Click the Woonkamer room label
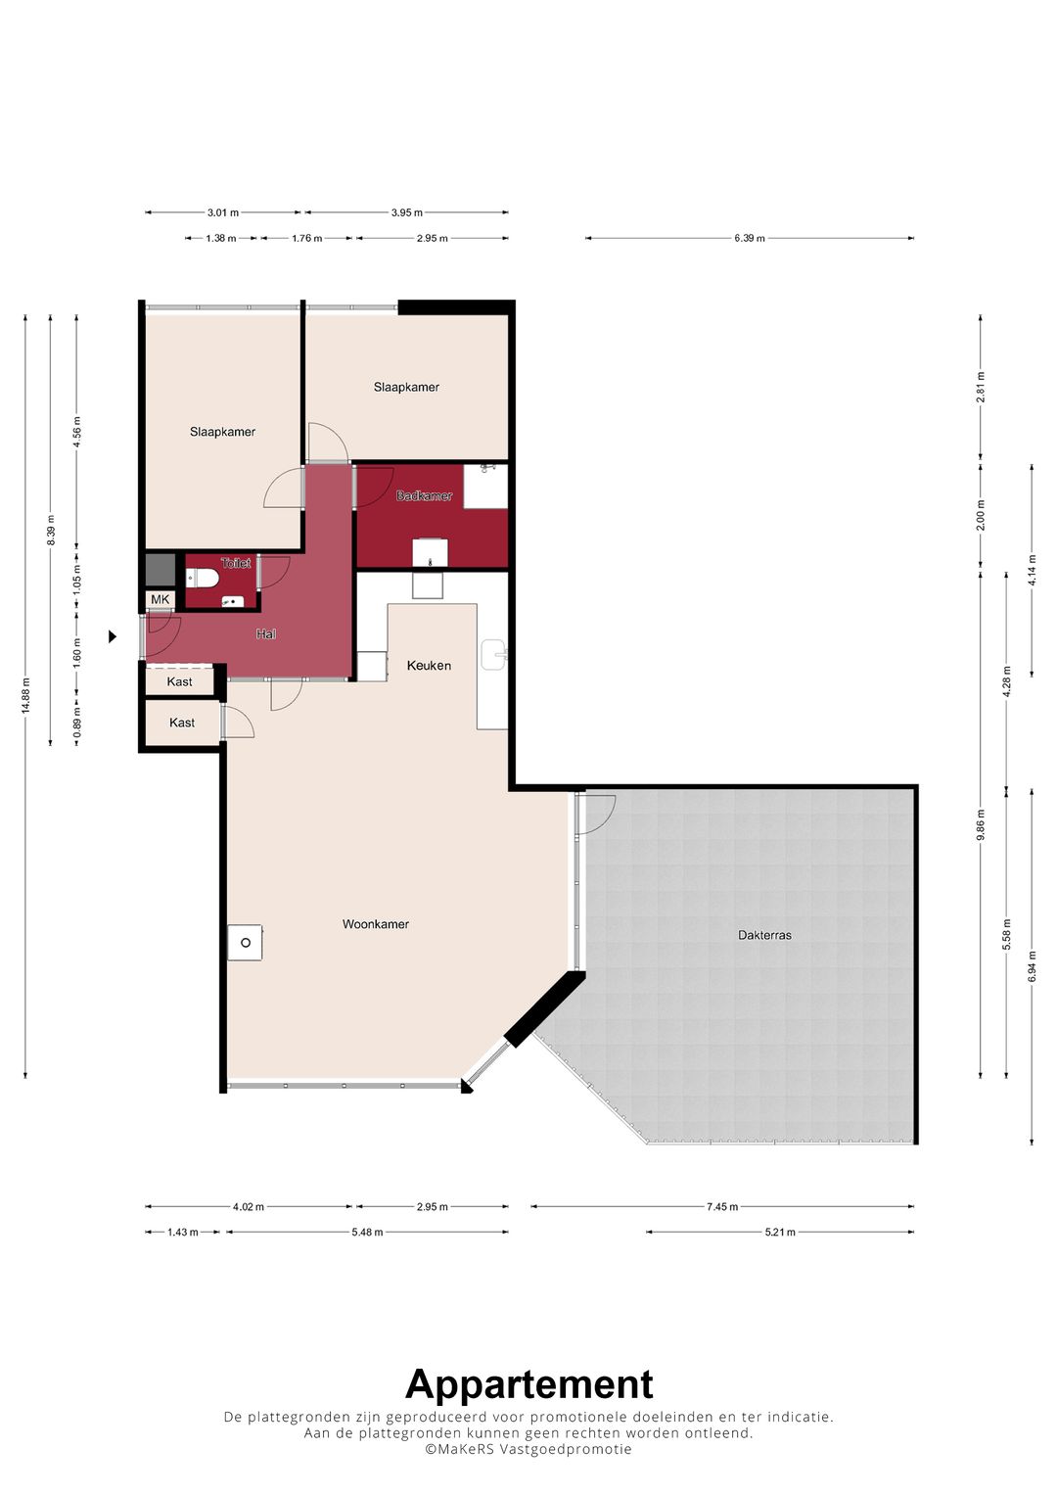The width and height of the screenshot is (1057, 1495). pyautogui.click(x=375, y=923)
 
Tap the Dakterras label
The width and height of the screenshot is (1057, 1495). pyautogui.click(x=764, y=935)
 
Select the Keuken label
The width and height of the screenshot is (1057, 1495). pyautogui.click(x=429, y=666)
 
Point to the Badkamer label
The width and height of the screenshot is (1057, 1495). pyautogui.click(x=424, y=496)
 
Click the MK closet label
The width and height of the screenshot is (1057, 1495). pyautogui.click(x=161, y=599)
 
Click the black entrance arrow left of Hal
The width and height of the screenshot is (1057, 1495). pyautogui.click(x=113, y=636)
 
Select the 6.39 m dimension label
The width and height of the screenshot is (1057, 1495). pyautogui.click(x=750, y=238)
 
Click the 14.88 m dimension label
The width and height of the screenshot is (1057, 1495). pyautogui.click(x=26, y=695)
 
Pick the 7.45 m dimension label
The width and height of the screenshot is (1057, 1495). pyautogui.click(x=722, y=1207)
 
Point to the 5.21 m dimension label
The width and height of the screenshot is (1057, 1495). pyautogui.click(x=779, y=1232)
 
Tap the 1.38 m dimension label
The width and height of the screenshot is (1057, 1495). pyautogui.click(x=221, y=238)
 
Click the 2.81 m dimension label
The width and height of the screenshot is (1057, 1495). pyautogui.click(x=981, y=387)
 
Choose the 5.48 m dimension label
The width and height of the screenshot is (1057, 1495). pyautogui.click(x=367, y=1232)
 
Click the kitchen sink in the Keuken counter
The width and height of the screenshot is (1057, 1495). pyautogui.click(x=494, y=654)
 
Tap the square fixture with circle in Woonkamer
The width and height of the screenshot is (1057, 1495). pyautogui.click(x=245, y=943)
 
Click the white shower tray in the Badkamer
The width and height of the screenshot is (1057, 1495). pyautogui.click(x=485, y=487)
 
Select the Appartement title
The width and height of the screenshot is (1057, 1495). pyautogui.click(x=529, y=1384)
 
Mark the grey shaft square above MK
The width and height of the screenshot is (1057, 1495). pyautogui.click(x=161, y=569)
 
